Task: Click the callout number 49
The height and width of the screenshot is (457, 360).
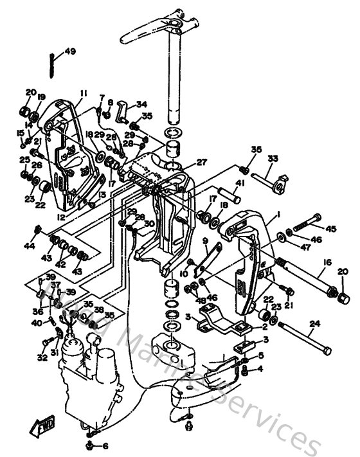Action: (x=69, y=51)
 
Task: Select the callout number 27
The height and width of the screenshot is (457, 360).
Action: (x=202, y=163)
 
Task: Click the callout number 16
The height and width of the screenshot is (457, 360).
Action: (x=327, y=262)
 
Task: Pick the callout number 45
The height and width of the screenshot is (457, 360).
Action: (x=331, y=228)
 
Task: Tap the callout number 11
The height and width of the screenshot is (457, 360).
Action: (x=83, y=93)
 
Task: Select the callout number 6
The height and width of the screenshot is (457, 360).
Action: (x=105, y=446)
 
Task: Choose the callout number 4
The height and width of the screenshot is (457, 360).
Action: (x=260, y=369)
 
